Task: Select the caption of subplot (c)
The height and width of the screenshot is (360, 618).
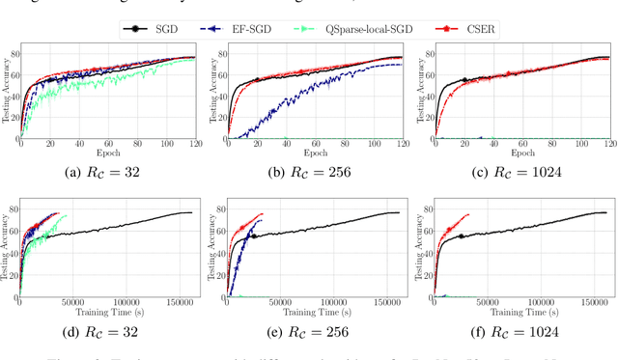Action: pos(517,173)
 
